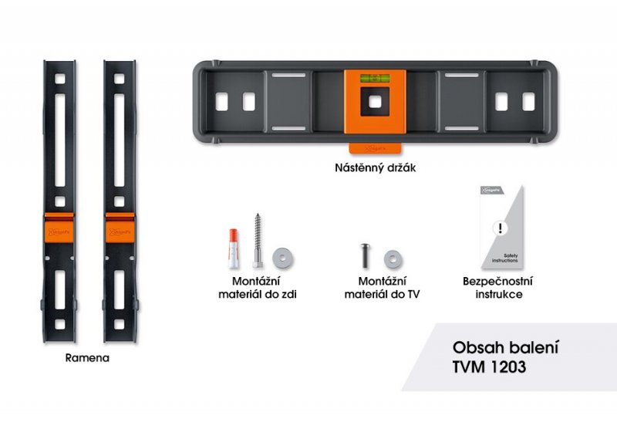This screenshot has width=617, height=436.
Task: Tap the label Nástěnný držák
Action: point(374,167)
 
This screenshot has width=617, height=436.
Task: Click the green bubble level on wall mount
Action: point(374,78)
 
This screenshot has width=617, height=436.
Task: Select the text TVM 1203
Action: point(486,367)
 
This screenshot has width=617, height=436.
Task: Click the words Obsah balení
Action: point(504,346)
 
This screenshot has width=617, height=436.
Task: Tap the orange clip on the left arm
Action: point(59,227)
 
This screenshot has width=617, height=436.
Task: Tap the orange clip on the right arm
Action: point(120,227)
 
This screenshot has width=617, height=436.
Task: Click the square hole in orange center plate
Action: point(374,101)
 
